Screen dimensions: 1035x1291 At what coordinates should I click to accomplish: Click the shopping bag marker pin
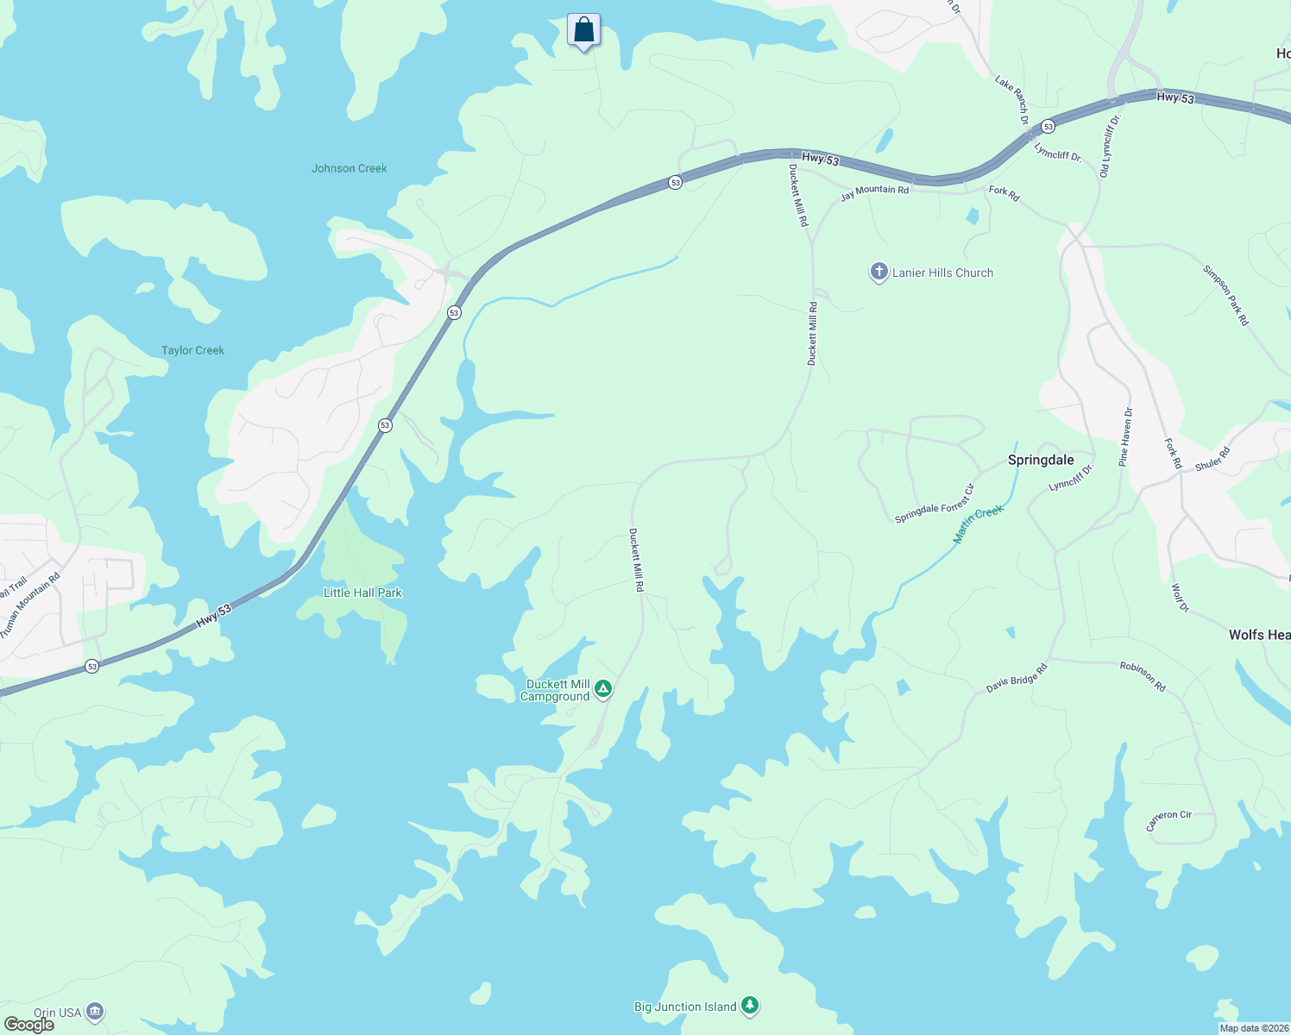(584, 31)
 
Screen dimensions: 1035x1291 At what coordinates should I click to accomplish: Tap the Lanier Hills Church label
(942, 273)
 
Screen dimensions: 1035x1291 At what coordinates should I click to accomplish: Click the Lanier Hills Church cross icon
(879, 273)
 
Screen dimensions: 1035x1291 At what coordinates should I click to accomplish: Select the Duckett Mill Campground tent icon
(604, 688)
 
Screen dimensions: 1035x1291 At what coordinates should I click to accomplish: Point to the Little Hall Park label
(362, 593)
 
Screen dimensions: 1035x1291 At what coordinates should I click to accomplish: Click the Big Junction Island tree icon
(751, 1005)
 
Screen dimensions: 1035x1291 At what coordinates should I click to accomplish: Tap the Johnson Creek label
(350, 168)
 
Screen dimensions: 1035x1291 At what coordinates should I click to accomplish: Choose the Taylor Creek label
(192, 350)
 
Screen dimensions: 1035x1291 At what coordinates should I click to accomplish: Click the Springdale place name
(1041, 460)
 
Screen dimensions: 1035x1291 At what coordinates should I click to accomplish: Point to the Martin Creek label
(979, 524)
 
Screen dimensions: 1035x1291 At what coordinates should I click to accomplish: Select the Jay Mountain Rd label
(874, 191)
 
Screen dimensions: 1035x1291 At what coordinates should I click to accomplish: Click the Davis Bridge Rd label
(1017, 679)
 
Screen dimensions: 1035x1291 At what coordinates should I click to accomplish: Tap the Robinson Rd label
(1143, 676)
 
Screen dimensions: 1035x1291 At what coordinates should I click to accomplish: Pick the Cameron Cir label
(1168, 820)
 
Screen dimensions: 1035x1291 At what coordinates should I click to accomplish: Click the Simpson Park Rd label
(1226, 295)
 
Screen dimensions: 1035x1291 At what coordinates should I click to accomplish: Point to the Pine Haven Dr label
(1124, 436)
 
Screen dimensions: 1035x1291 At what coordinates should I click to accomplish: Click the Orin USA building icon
(95, 1011)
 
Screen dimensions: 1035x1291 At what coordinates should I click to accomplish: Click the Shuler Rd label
(1212, 459)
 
